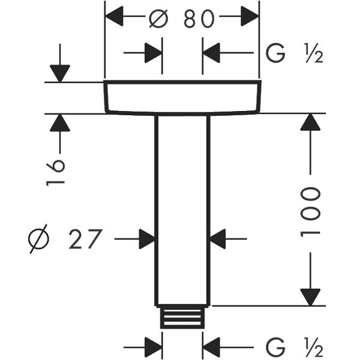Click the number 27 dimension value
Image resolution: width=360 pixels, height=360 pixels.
coord(85,239)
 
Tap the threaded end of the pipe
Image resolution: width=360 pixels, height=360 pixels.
coord(181,317)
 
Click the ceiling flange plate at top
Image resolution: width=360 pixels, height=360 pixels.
coord(182,97)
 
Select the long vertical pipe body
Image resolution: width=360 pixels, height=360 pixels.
coord(182,210)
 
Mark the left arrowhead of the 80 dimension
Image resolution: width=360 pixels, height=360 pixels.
coord(115,17)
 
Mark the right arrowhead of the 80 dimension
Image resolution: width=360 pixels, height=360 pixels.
coord(250,17)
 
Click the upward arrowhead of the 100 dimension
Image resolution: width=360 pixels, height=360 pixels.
coord(310,122)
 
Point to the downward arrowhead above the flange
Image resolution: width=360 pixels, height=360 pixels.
coord(60,73)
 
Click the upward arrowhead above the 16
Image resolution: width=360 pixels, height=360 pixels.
coord(60,123)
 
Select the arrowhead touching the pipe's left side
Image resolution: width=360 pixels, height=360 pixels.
coord(147,239)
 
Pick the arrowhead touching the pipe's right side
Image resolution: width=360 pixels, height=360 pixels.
coord(217,239)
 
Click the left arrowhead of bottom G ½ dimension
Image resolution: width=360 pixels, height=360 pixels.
coord(154,347)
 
